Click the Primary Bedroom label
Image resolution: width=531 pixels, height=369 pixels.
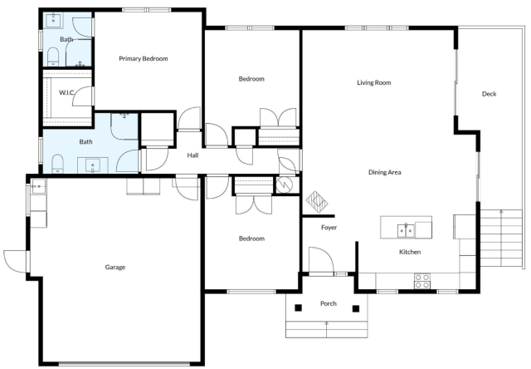pyautogui.click(x=144, y=59)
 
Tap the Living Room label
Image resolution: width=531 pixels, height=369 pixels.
pyautogui.click(x=374, y=82)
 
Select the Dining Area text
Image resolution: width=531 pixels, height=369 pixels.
pyautogui.click(x=385, y=172)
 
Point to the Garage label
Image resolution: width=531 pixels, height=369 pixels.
pyautogui.click(x=115, y=268)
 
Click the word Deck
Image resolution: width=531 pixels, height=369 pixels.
pyautogui.click(x=489, y=94)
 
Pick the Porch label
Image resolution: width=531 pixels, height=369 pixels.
pyautogui.click(x=329, y=303)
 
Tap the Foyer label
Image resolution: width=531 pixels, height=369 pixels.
pyautogui.click(x=329, y=228)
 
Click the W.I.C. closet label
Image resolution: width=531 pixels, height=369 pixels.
pyautogui.click(x=66, y=92)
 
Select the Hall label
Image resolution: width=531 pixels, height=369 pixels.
pyautogui.click(x=192, y=155)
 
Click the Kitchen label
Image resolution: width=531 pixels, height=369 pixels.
pyautogui.click(x=410, y=252)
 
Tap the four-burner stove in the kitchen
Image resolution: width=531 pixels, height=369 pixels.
pyautogui.click(x=422, y=281)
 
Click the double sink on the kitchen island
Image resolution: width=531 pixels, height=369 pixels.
pyautogui.click(x=406, y=231)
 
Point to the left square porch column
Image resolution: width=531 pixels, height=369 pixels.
pyautogui.click(x=298, y=308)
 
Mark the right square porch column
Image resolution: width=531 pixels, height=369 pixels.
pyautogui.click(x=356, y=308)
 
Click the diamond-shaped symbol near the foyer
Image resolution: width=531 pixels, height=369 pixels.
pyautogui.click(x=317, y=201)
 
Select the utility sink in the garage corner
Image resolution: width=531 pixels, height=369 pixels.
pyautogui.click(x=39, y=186)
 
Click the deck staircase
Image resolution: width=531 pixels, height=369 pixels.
pyautogui.click(x=501, y=239)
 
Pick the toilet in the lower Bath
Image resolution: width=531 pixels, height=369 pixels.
pyautogui.click(x=57, y=164)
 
